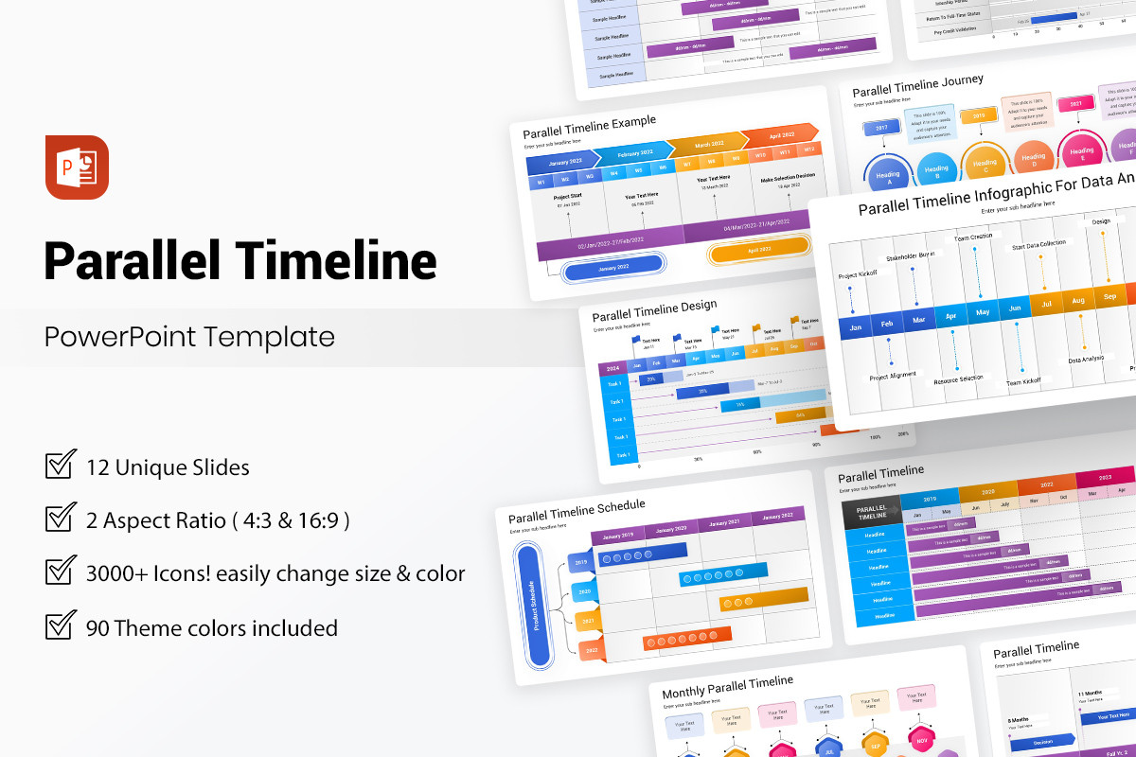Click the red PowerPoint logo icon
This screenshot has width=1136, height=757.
(x=77, y=167)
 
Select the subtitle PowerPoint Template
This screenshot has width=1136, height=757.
(x=189, y=337)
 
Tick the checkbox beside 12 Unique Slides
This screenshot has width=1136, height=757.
(x=61, y=466)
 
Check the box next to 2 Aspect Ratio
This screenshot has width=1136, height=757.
(x=61, y=519)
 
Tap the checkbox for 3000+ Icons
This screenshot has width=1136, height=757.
(x=61, y=572)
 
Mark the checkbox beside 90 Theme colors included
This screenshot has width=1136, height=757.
(x=61, y=626)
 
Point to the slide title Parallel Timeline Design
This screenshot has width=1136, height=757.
(x=654, y=311)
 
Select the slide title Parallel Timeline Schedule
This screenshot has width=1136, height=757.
(x=576, y=511)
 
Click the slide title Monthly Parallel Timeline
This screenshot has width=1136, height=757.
(x=727, y=686)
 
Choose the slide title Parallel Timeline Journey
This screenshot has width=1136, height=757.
(x=917, y=86)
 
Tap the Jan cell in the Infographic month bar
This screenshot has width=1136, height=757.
(x=855, y=327)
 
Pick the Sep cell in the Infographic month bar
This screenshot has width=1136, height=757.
(x=1109, y=296)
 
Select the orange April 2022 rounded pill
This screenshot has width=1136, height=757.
(x=758, y=252)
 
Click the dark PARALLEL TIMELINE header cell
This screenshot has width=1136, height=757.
(x=871, y=511)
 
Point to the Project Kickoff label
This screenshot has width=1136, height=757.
(x=858, y=274)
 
